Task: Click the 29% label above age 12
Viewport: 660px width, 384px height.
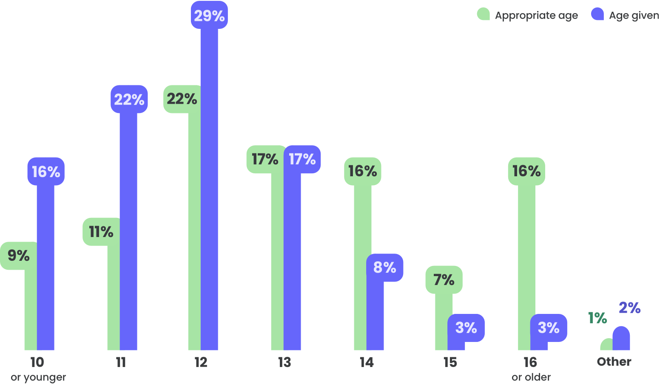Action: pos(209,16)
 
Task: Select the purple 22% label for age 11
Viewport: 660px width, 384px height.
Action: pos(129,99)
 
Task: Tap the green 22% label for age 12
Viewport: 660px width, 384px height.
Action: pos(182,99)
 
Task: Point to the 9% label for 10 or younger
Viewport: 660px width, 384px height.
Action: pos(18,256)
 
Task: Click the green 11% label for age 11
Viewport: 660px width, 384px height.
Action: pos(101,232)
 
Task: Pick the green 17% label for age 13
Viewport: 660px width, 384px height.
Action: pos(265,159)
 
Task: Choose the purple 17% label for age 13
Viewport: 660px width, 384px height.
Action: pos(302,159)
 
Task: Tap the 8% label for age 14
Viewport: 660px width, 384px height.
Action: pos(384,268)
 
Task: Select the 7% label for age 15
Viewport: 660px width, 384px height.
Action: pos(444,280)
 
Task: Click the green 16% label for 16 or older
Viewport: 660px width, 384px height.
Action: pos(526,171)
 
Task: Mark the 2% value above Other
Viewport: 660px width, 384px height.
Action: pos(629,308)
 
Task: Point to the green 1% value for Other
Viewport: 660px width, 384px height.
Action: pos(597,318)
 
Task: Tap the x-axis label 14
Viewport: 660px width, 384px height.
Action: pos(367,362)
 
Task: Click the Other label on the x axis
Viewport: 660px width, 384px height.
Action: pos(614,362)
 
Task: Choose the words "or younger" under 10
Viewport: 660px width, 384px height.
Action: pos(38,377)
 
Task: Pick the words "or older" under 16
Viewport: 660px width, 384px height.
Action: pos(531,377)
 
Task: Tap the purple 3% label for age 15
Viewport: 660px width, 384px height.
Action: pos(466,328)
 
